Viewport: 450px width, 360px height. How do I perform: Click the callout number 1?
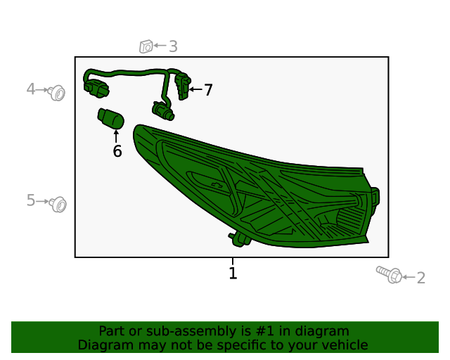point(233,273)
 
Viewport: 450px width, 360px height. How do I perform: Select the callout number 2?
point(420,278)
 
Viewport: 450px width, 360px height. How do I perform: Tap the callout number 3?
point(173,46)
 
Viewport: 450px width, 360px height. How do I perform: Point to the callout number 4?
point(31,89)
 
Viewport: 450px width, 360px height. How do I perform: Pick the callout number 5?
point(31,200)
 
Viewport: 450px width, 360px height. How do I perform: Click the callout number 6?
point(117,151)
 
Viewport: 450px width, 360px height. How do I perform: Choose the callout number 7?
point(208,90)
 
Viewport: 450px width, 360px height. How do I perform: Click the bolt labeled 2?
point(389,274)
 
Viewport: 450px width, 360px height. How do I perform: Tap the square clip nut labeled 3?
point(146,46)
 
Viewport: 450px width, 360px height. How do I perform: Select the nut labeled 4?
point(57,93)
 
